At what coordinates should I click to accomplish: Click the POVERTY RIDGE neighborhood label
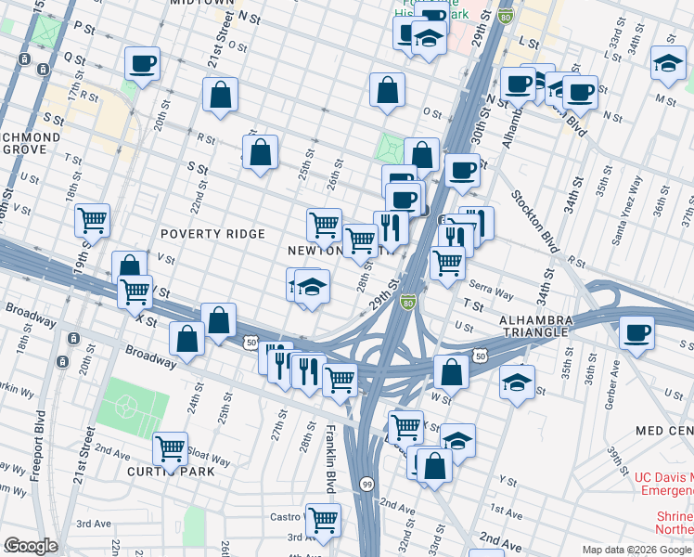pyautogui.click(x=212, y=234)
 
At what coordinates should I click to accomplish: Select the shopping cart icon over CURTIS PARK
pyautogui.click(x=170, y=448)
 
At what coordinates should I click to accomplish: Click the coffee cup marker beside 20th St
pyautogui.click(x=142, y=63)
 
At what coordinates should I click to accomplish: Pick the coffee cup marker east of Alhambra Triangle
pyautogui.click(x=636, y=332)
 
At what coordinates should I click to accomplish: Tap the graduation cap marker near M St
pyautogui.click(x=668, y=62)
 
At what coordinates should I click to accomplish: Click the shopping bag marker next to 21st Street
pyautogui.click(x=221, y=94)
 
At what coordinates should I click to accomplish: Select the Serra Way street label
pyautogui.click(x=491, y=291)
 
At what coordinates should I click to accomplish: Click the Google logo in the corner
pyautogui.click(x=30, y=546)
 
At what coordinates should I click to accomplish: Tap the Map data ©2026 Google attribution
pyautogui.click(x=636, y=550)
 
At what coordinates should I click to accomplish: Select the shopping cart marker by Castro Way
pyautogui.click(x=323, y=519)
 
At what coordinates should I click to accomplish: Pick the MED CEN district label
pyautogui.click(x=664, y=432)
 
